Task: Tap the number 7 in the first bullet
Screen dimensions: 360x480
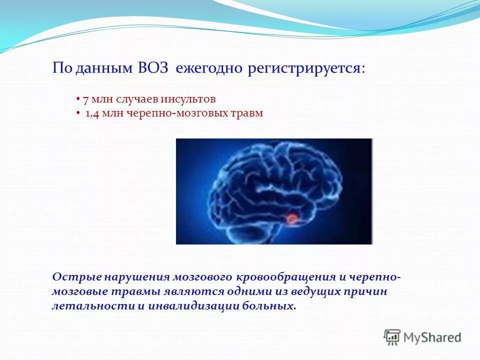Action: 85,99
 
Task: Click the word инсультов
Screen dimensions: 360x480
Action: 192,99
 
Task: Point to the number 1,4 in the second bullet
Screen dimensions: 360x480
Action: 91,113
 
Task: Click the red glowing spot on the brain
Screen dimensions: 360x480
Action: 291,218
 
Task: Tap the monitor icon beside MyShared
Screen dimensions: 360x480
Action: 392,336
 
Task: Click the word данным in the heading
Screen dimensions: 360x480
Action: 103,69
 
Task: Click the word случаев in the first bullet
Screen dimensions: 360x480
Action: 135,99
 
